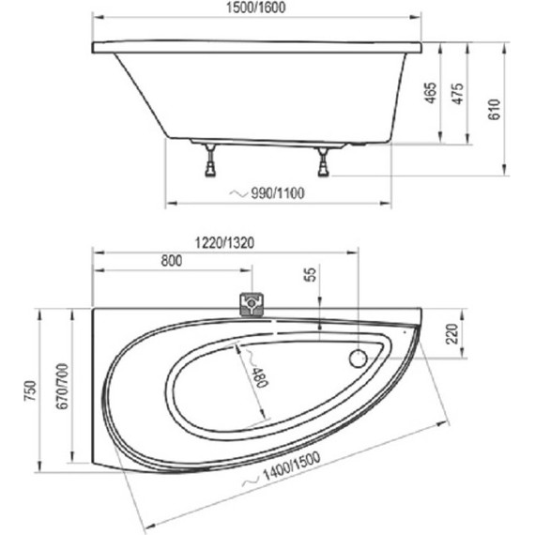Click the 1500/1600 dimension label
(x=256, y=8)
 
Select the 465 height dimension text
(x=431, y=93)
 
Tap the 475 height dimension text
(x=458, y=94)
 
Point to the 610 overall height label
(x=495, y=109)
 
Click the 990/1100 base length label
(x=278, y=193)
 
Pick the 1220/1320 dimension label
(x=224, y=243)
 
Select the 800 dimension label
(x=171, y=261)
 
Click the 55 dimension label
(x=310, y=274)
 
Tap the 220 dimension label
(x=451, y=334)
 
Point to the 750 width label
(x=31, y=390)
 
